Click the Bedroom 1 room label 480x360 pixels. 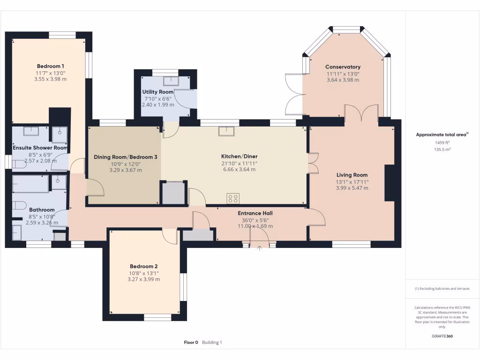(51, 66)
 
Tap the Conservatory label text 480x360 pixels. (343, 67)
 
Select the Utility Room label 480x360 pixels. (157, 92)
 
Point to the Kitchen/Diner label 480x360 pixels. (240, 157)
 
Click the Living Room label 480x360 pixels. (352, 175)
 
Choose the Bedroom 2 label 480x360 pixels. (143, 266)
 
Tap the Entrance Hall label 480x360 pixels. (255, 213)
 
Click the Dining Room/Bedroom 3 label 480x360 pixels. (126, 157)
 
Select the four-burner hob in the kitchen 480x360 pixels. (233, 198)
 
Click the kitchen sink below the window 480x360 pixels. (226, 131)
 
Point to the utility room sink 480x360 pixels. (171, 81)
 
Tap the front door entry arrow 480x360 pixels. (259, 248)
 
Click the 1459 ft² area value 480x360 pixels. (442, 142)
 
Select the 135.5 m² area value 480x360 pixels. (442, 150)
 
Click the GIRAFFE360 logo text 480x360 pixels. (442, 336)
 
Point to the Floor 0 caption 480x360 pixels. (191, 343)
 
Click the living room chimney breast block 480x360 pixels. (390, 183)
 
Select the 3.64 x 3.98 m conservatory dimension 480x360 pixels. (343, 80)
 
